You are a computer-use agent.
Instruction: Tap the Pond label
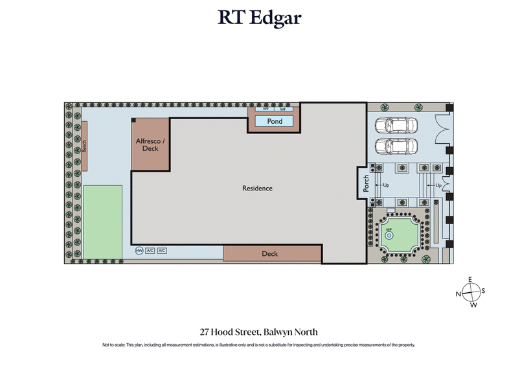[x=275, y=121]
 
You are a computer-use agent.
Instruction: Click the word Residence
[x=257, y=189]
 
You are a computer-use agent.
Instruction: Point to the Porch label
[x=366, y=183]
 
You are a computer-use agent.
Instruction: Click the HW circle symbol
[x=139, y=251]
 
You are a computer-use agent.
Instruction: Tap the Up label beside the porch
[x=387, y=185]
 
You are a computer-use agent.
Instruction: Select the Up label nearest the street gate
[x=439, y=185]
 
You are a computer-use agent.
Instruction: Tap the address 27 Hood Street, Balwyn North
[x=258, y=332]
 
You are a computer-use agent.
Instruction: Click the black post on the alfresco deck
[x=133, y=120]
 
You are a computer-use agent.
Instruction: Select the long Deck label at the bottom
[x=270, y=254]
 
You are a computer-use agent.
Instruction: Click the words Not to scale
[x=114, y=345]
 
